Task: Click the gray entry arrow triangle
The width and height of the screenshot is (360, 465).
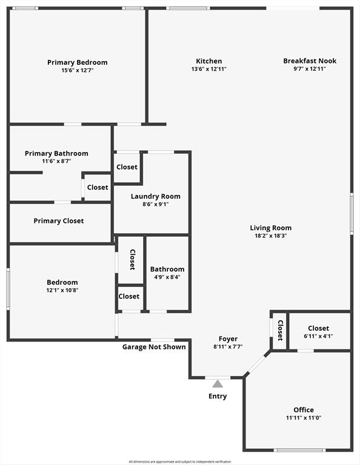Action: tap(218, 383)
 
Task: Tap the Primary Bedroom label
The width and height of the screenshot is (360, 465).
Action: tap(78, 62)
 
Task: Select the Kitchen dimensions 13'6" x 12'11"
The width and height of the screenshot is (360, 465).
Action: tap(208, 69)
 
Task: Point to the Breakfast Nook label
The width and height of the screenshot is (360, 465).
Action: tap(310, 61)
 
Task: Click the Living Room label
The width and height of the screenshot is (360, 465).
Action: tap(271, 228)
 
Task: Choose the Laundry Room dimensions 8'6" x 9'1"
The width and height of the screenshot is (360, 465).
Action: tap(156, 204)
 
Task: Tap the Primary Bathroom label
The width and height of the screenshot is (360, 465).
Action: tap(56, 153)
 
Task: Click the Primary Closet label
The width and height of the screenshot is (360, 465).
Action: tap(59, 220)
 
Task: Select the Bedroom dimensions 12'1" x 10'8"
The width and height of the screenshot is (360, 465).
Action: tap(62, 290)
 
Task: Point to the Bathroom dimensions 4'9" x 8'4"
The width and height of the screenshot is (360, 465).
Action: tap(167, 277)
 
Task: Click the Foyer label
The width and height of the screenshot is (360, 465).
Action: tap(228, 338)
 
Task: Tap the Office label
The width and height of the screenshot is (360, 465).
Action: tap(304, 410)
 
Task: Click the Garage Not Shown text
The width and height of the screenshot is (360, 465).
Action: tap(154, 347)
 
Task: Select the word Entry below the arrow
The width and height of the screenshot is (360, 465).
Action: tap(218, 396)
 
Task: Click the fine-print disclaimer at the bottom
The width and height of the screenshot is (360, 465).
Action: tap(180, 461)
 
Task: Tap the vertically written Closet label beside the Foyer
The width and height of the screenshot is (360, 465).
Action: tap(280, 331)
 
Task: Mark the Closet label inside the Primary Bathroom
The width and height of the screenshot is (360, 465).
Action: tap(98, 187)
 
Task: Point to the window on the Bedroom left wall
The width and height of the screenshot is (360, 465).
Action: tap(8, 289)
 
